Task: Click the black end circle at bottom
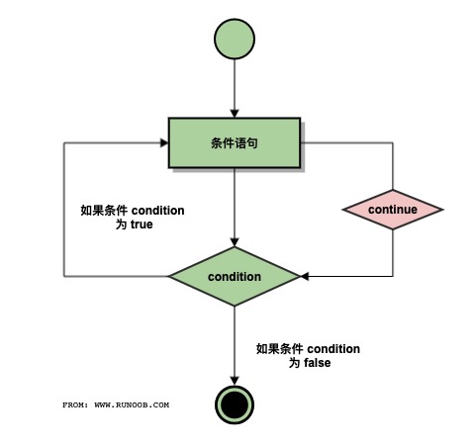tap(235, 403)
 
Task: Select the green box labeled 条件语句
tap(235, 143)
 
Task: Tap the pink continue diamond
tap(393, 211)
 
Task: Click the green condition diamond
tap(235, 276)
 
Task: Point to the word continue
tap(393, 211)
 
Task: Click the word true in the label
tap(142, 224)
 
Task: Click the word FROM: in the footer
tap(75, 404)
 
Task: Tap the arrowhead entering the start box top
tap(235, 114)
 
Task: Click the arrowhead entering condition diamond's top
tap(235, 241)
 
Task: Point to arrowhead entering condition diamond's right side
tap(305, 276)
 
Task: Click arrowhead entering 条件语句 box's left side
tap(163, 143)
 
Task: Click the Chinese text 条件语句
tap(235, 143)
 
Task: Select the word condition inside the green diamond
tap(235, 276)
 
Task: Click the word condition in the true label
tap(157, 210)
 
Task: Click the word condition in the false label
tap(332, 349)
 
